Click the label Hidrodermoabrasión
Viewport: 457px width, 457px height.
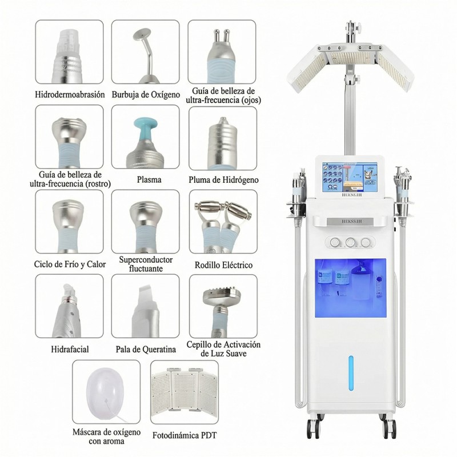click(70, 94)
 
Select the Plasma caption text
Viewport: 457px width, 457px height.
click(149, 179)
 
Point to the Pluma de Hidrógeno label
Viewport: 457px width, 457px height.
click(223, 179)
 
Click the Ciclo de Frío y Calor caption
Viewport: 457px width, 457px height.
click(70, 265)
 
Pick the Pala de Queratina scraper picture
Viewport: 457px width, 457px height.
click(145, 308)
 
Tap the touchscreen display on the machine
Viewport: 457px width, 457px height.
click(349, 178)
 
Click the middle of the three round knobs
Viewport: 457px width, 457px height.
click(350, 242)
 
